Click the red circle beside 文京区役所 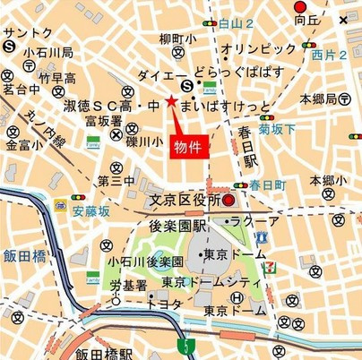click(228, 200)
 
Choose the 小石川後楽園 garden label click(145, 261)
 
